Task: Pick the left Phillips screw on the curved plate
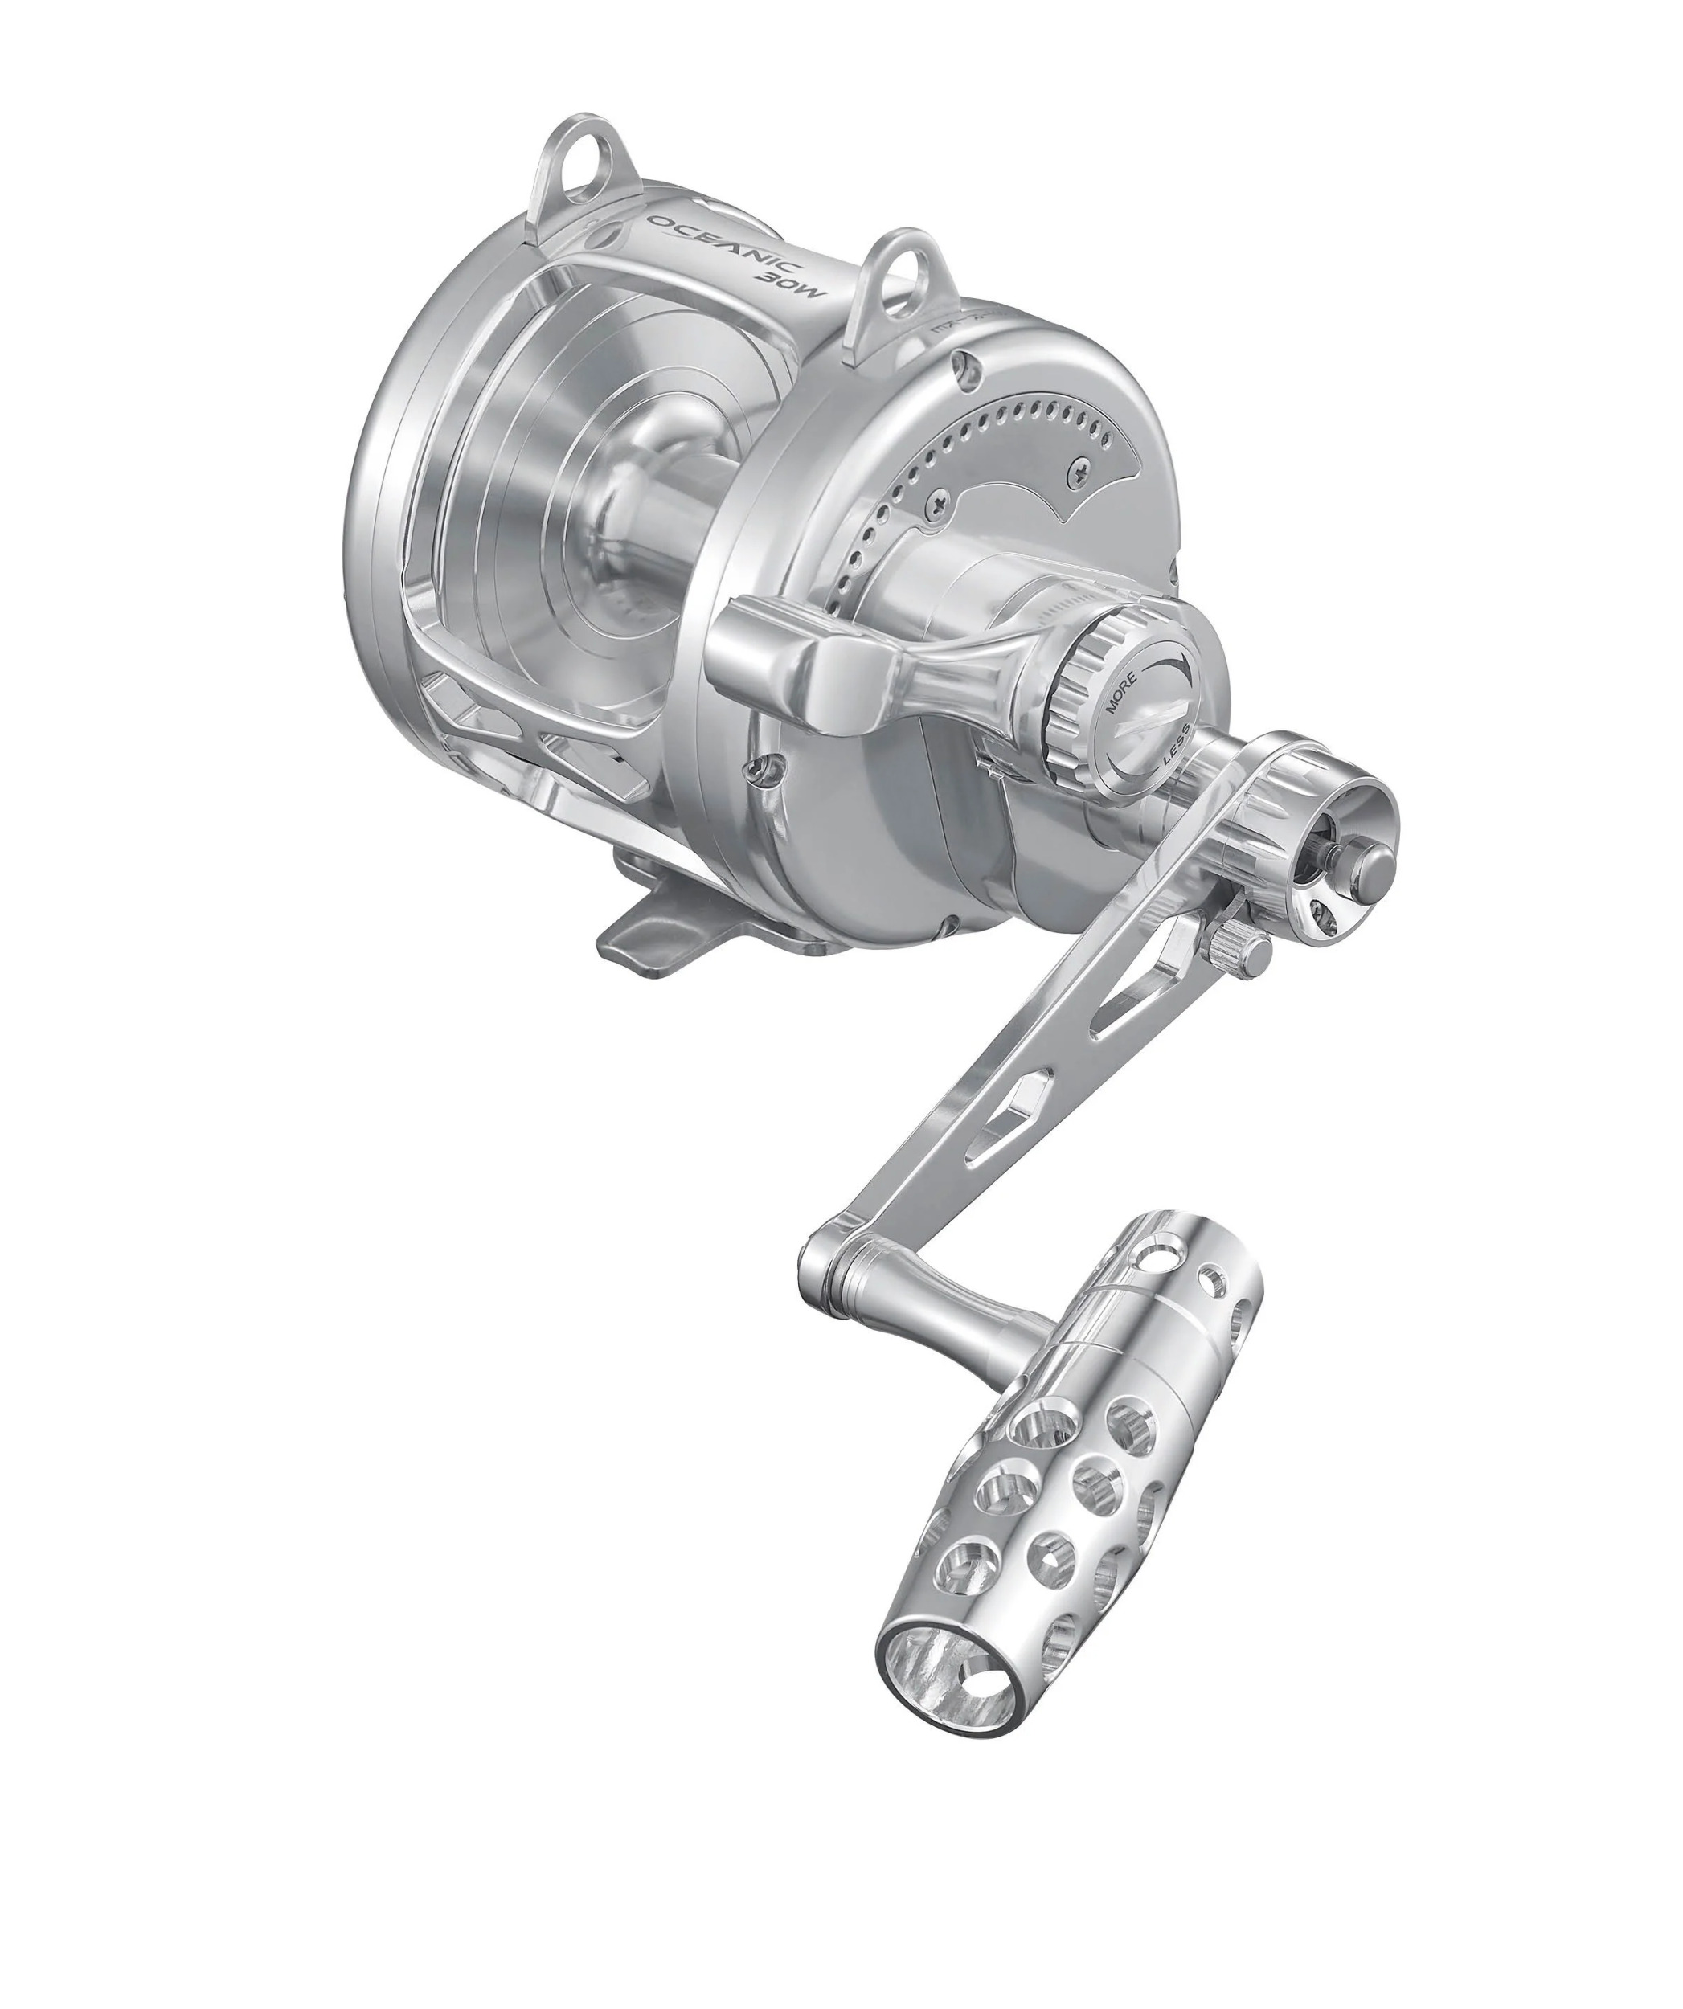[940, 501]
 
